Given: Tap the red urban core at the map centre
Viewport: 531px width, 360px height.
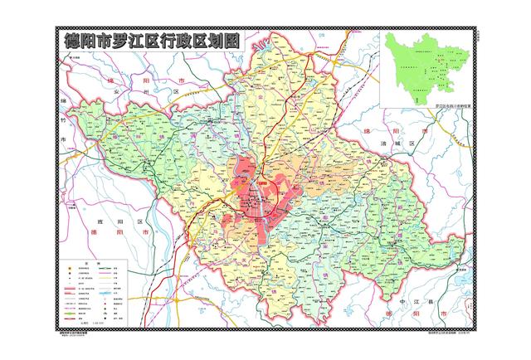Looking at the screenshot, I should coord(253,199).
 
